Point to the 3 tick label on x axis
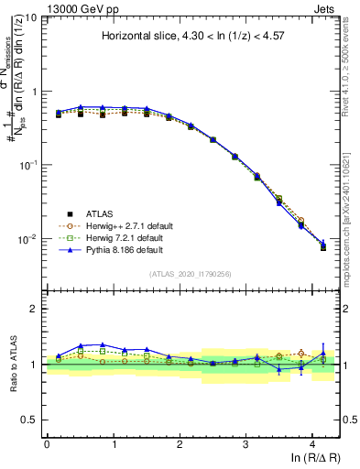(x=245, y=443)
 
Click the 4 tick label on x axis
(x=312, y=443)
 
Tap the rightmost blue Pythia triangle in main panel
(x=322, y=244)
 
